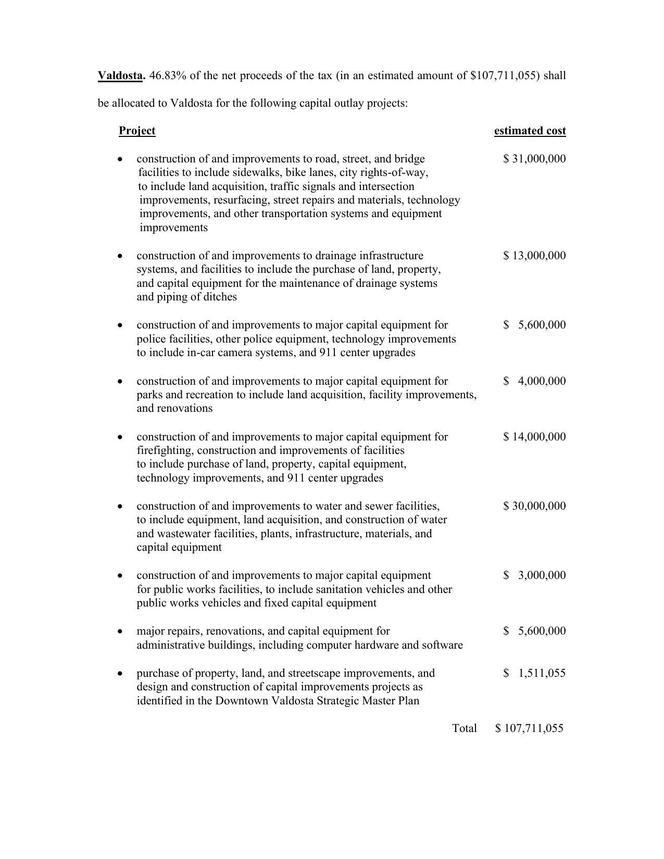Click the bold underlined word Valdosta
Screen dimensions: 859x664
[120, 75]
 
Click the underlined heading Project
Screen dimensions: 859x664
[137, 131]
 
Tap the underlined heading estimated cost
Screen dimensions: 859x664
[530, 131]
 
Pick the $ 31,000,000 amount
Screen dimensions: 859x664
[534, 159]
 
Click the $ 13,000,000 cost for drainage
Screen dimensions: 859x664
[534, 256]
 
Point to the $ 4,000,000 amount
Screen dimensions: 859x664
[534, 381]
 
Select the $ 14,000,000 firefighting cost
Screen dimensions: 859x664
[534, 437]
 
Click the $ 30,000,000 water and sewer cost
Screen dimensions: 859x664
[534, 506]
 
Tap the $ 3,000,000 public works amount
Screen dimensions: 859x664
[534, 575]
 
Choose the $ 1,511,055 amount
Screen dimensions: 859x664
[534, 673]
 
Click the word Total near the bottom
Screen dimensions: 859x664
[465, 728]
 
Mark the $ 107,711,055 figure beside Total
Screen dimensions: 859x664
[529, 728]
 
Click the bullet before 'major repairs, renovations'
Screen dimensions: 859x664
[121, 631]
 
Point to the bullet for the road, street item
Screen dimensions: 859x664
[121, 159]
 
